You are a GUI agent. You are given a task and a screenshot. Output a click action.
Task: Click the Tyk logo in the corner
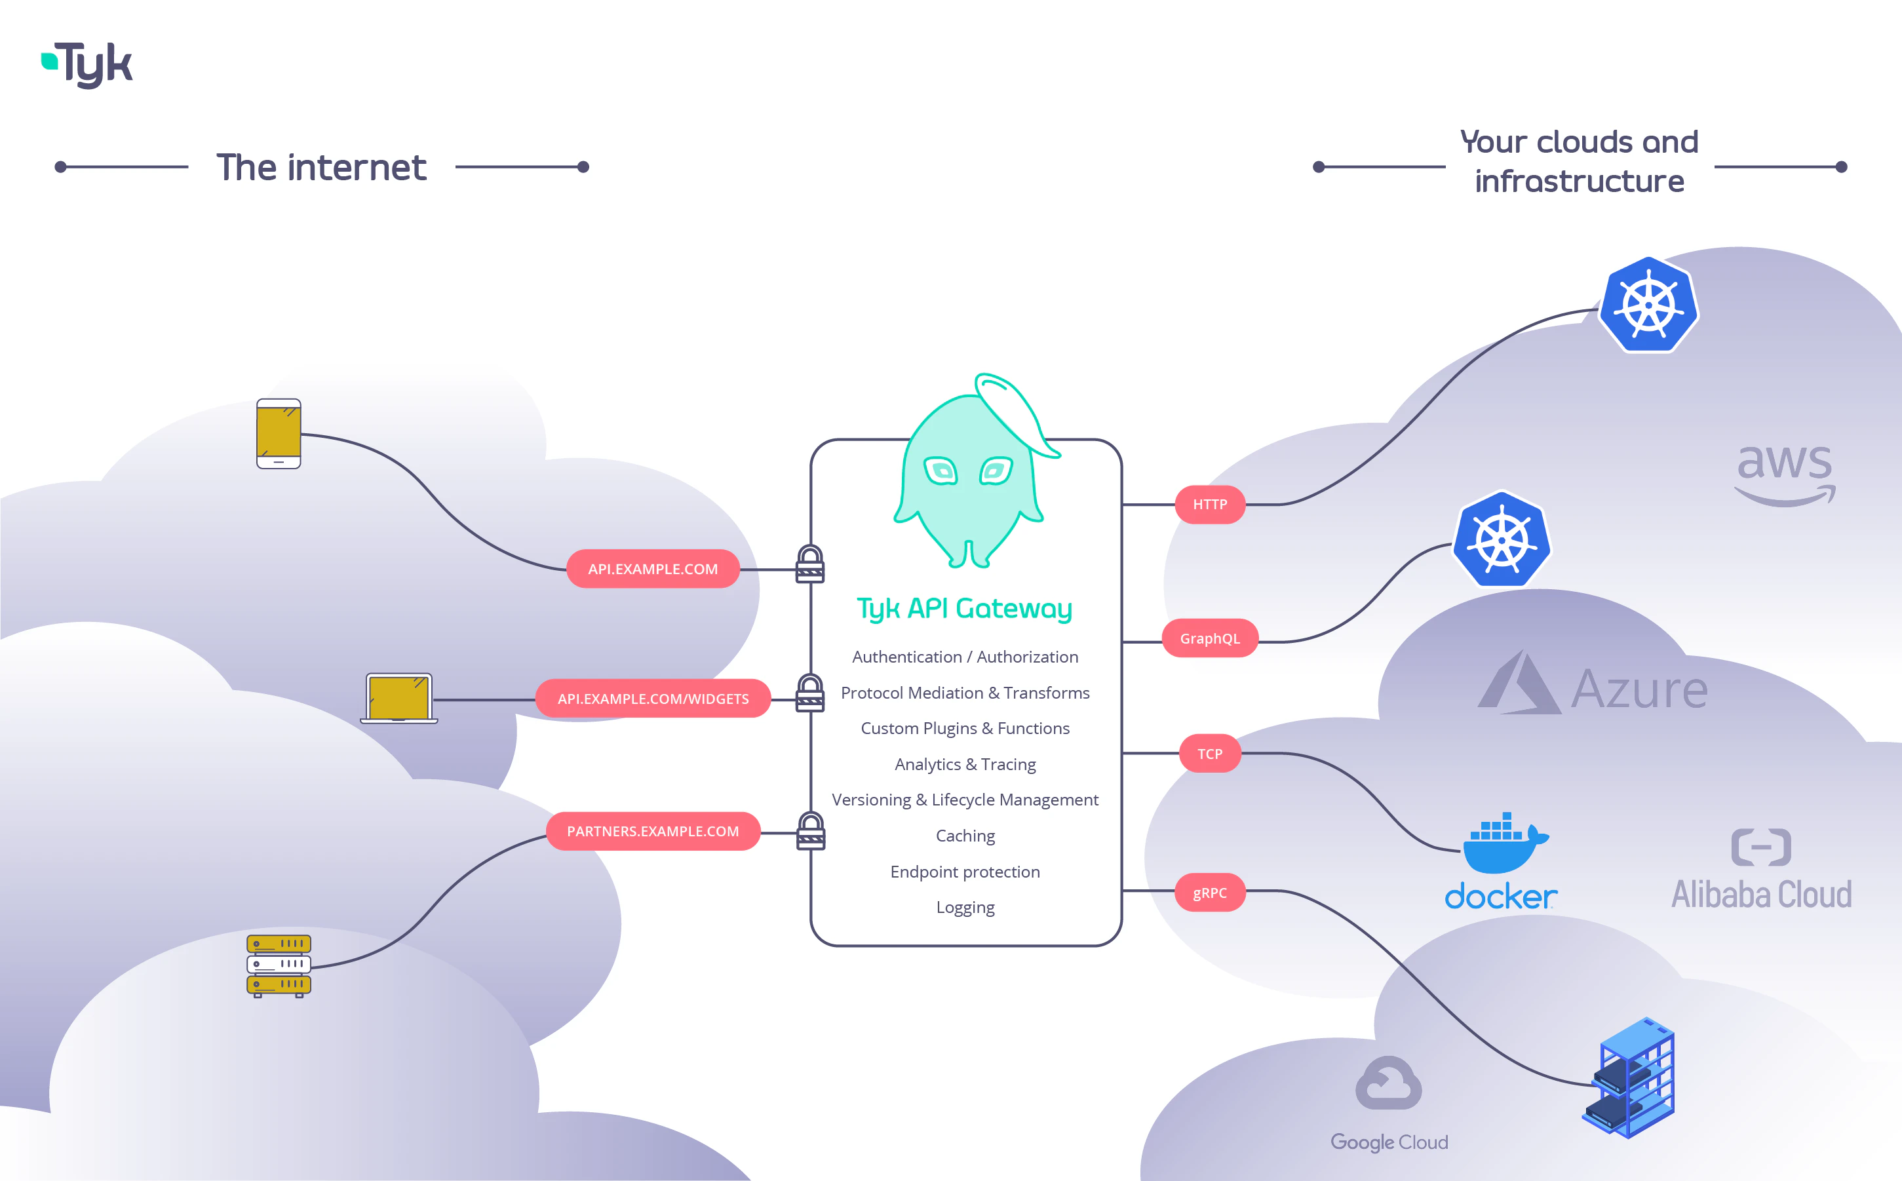coord(87,64)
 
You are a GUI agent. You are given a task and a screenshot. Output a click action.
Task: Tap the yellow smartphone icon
coord(278,433)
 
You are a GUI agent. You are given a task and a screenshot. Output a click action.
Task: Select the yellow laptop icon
coord(399,698)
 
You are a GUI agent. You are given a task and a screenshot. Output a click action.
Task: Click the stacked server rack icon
coord(279,965)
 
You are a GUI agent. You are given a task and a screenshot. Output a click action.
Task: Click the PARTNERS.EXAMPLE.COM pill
coord(653,831)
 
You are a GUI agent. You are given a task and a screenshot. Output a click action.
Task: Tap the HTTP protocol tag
coord(1209,505)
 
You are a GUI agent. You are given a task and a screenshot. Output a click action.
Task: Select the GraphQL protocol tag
coord(1209,638)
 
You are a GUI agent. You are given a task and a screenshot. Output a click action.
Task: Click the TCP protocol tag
coord(1209,754)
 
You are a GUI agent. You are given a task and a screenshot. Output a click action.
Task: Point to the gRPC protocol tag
coord(1209,893)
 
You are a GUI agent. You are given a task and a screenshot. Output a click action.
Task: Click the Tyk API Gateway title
coord(964,608)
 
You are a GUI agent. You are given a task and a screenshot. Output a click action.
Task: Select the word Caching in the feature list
coord(965,836)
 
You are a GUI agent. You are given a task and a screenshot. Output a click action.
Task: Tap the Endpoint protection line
coord(965,872)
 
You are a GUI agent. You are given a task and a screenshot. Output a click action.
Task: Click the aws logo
coord(1784,472)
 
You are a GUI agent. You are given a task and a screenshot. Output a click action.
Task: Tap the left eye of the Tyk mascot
coord(941,471)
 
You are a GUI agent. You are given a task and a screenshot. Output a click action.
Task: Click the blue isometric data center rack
coord(1630,1078)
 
